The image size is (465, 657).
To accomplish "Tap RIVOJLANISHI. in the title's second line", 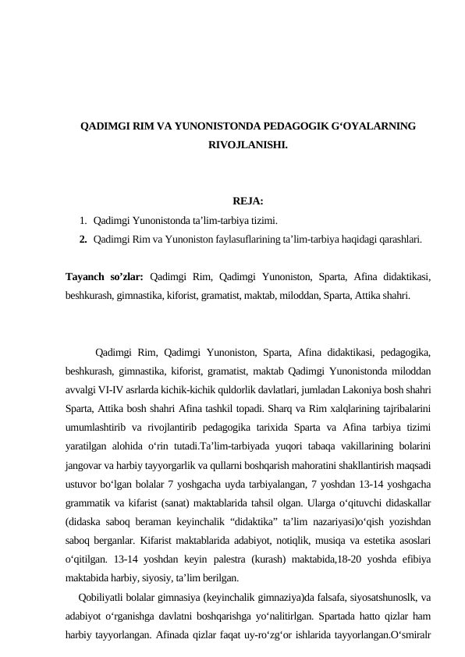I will [247, 145].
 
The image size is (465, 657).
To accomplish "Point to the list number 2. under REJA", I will [83, 240].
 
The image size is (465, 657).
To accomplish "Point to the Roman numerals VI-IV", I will [118, 389].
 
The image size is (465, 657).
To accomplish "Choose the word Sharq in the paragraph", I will [277, 408].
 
